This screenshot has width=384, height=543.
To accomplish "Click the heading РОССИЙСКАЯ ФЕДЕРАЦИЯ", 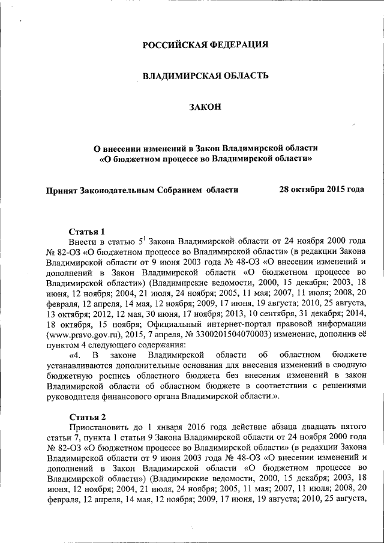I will (205, 45).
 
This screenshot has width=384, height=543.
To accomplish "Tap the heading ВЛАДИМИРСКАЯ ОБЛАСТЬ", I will (205, 76).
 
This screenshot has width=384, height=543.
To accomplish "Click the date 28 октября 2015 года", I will (322, 190).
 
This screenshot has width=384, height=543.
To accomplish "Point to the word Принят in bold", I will (62, 190).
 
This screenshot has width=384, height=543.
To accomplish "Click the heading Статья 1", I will (87, 232).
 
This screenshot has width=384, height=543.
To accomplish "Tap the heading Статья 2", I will (87, 416).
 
